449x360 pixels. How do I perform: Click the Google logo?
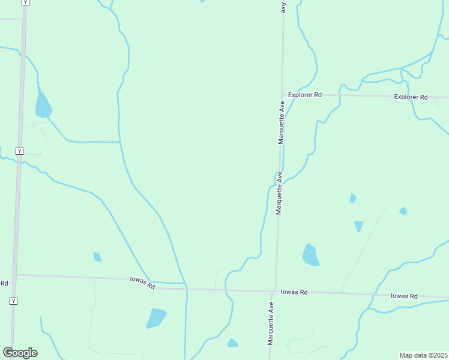[x=20, y=353]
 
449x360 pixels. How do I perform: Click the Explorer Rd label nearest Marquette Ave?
[x=305, y=95]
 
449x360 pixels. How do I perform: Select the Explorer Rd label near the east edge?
[x=411, y=97]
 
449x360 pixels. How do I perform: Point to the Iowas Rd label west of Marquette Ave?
[x=142, y=283]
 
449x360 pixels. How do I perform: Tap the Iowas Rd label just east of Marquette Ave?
[x=295, y=292]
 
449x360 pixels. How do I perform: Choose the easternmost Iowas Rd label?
[x=403, y=296]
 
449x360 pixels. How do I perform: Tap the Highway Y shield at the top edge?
[x=25, y=2]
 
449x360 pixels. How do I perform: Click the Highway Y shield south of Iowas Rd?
[x=13, y=301]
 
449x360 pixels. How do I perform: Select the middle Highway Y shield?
[x=20, y=151]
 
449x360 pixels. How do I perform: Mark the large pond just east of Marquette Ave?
[x=310, y=256]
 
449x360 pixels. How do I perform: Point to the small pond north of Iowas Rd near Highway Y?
[x=97, y=257]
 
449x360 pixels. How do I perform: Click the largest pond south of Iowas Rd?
[x=156, y=317]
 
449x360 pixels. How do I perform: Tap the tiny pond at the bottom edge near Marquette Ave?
[x=232, y=343]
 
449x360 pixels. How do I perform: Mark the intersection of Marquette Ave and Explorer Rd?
[x=282, y=95]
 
